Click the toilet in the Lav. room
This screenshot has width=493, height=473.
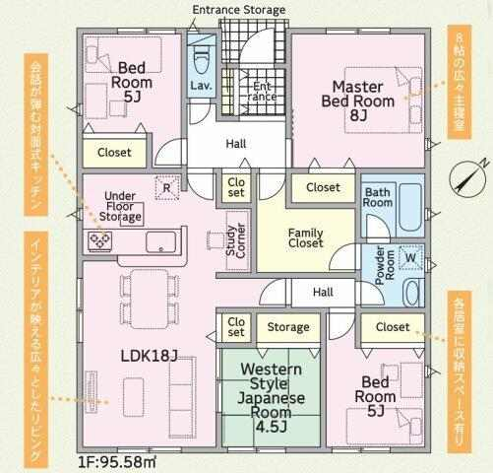[x=201, y=62]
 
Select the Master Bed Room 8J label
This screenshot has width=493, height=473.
[x=358, y=101]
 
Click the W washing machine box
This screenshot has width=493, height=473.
[x=410, y=257]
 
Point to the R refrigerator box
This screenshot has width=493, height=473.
[x=167, y=188]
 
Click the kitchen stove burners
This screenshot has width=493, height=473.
[x=100, y=241]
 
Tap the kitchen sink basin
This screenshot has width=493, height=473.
[x=160, y=242]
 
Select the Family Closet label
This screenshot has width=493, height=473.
[x=305, y=238]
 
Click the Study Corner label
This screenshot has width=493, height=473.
[x=236, y=240]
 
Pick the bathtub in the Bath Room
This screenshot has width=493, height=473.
[x=410, y=208]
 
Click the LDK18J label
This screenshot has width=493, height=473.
[x=150, y=356]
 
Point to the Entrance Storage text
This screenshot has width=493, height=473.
[x=239, y=10]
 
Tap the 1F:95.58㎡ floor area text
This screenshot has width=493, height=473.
[x=117, y=462]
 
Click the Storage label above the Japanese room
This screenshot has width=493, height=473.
[x=288, y=327]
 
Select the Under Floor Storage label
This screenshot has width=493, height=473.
[x=120, y=206]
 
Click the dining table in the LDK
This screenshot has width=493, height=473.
[x=150, y=299]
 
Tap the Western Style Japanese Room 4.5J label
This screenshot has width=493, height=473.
[x=271, y=398]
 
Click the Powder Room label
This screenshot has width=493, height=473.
[x=385, y=265]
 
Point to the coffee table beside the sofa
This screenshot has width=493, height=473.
[x=133, y=397]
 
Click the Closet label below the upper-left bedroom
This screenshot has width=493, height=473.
[x=114, y=153]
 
